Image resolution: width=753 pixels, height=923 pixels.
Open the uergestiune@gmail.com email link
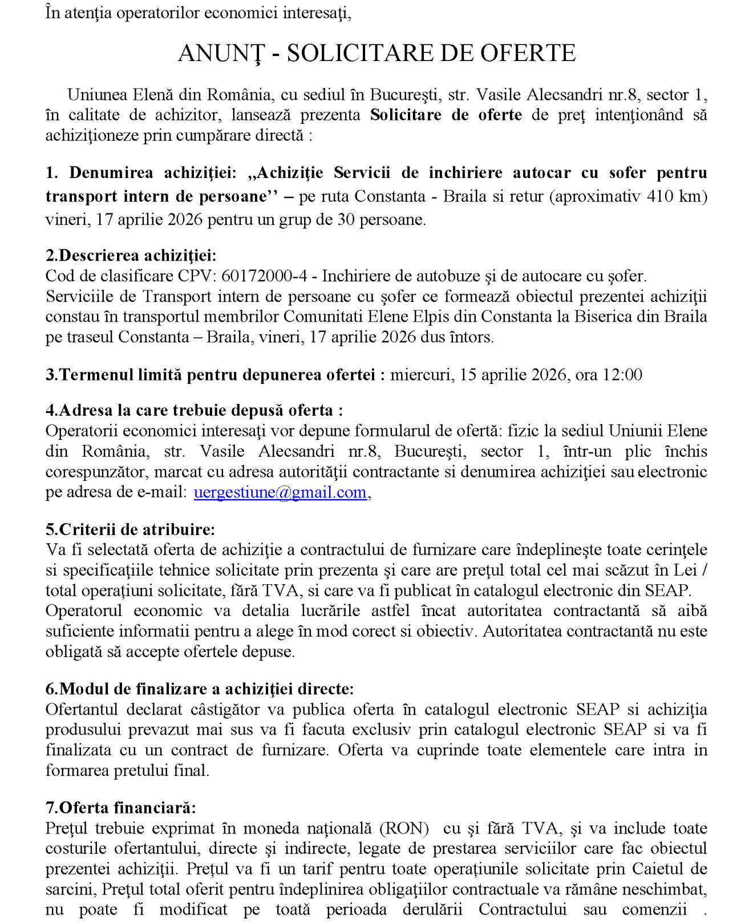[280, 492]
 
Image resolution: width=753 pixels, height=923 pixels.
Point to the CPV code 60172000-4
[264, 276]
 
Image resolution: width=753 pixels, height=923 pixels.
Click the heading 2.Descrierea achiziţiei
[131, 255]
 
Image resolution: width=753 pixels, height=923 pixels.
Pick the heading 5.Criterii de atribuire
[130, 529]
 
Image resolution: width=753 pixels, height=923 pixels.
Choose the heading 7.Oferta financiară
[120, 808]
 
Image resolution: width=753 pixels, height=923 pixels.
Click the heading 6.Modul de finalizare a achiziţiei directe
[200, 689]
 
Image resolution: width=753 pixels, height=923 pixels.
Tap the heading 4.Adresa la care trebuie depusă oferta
[194, 410]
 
